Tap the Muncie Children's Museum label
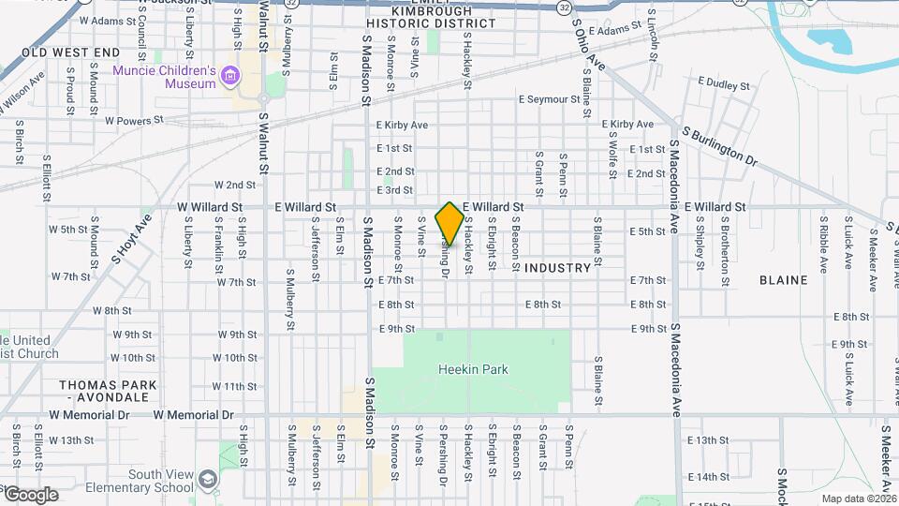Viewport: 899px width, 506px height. (x=165, y=77)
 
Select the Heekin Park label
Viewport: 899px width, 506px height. (x=473, y=369)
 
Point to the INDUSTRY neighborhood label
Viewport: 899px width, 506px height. (x=558, y=268)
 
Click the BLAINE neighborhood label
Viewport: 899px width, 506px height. (x=783, y=279)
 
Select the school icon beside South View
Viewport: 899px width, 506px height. (x=207, y=481)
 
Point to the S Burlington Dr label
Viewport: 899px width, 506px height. (x=719, y=146)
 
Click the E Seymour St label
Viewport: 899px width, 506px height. (x=550, y=99)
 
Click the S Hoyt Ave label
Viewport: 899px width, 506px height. (x=131, y=239)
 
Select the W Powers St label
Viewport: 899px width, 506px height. (x=134, y=121)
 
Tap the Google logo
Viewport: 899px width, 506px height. (x=30, y=494)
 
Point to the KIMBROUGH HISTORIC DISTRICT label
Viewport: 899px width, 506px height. (x=418, y=16)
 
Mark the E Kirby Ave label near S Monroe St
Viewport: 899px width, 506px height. (x=402, y=125)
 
